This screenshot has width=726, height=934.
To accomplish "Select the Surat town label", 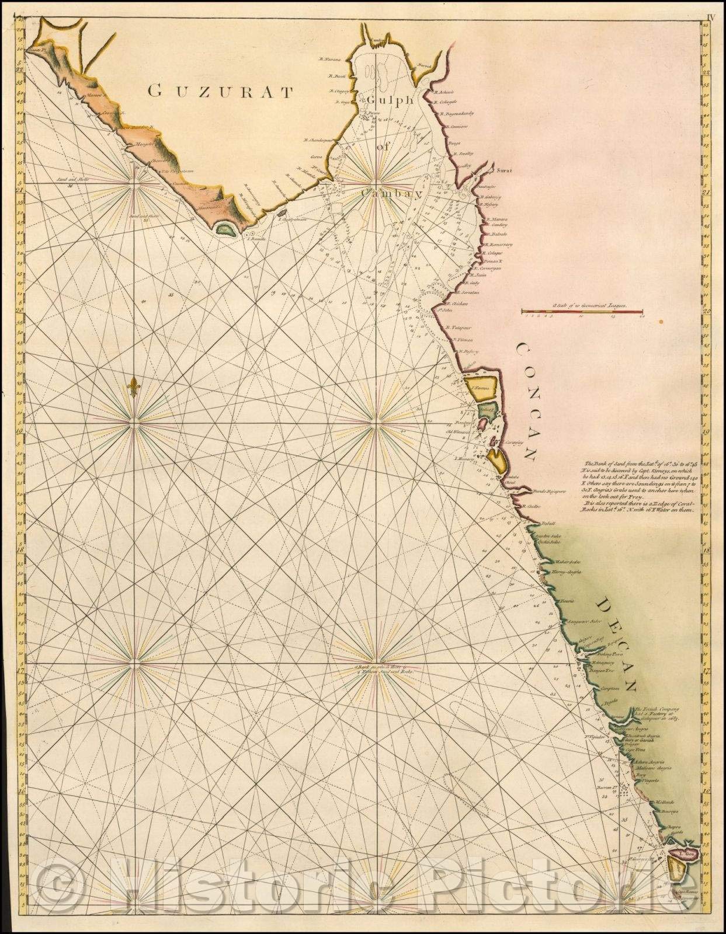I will pos(503,170).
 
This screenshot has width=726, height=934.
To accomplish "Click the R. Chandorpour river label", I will pos(318,140).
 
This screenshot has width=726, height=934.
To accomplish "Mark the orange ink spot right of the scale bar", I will pos(661,320).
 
